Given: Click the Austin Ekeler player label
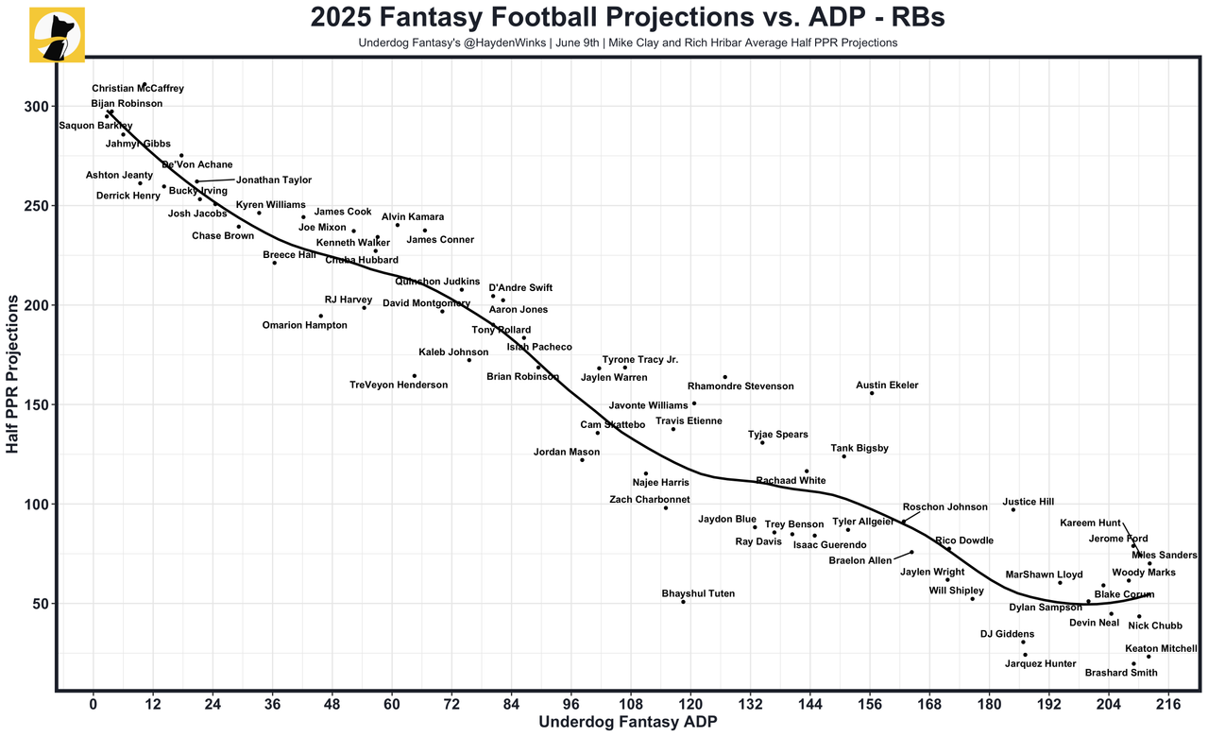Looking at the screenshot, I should (x=887, y=386).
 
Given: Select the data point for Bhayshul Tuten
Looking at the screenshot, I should (x=683, y=602).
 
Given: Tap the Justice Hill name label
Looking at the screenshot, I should (x=1028, y=503).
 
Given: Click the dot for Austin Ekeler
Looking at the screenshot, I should (x=872, y=393).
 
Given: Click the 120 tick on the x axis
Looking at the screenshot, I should (x=690, y=705).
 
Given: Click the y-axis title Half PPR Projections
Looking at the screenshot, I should (x=13, y=373).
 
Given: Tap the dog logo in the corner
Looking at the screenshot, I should (x=58, y=35).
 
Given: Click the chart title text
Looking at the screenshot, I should (x=627, y=18).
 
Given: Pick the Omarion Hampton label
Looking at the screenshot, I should (x=304, y=325).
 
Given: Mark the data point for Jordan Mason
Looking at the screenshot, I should (x=582, y=460).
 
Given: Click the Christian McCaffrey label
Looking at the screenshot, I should (x=138, y=88).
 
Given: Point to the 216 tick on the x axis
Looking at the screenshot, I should (x=1168, y=705).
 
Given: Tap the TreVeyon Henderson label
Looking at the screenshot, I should (x=399, y=385).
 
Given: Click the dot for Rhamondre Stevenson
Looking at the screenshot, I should (x=725, y=377).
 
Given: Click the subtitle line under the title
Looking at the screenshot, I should (x=627, y=43).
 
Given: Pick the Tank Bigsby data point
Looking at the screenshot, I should (x=844, y=456).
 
